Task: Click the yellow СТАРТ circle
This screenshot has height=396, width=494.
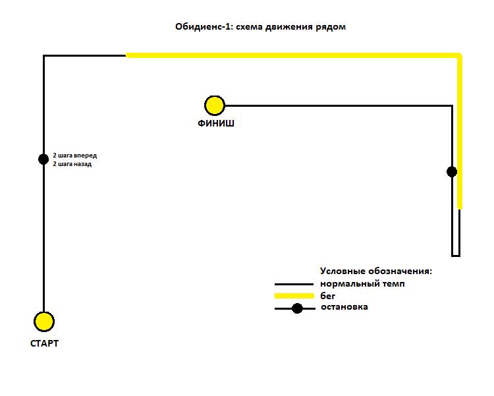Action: tap(44, 322)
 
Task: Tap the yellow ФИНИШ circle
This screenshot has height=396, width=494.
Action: tap(215, 105)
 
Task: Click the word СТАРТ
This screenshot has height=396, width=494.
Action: tap(44, 343)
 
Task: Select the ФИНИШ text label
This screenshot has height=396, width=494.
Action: tap(216, 123)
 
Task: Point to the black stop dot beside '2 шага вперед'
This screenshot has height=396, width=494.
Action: tap(43, 159)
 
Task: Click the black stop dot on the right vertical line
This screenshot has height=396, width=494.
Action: tap(452, 172)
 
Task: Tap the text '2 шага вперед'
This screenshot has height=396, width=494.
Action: tap(75, 156)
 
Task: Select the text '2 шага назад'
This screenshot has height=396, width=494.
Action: tap(72, 164)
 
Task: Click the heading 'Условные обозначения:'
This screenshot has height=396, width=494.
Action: tap(376, 271)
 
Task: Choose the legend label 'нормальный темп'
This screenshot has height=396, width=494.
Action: tap(362, 284)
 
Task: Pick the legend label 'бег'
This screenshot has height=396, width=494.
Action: tap(327, 296)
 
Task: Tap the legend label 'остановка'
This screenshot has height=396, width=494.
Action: tap(344, 307)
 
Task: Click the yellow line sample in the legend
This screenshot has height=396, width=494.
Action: tap(294, 296)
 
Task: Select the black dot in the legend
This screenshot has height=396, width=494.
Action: tap(297, 308)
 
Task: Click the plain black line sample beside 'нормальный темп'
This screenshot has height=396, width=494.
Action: tap(294, 285)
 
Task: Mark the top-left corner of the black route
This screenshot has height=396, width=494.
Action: tap(43, 56)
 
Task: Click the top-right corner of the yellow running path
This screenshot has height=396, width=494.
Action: tap(460, 55)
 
